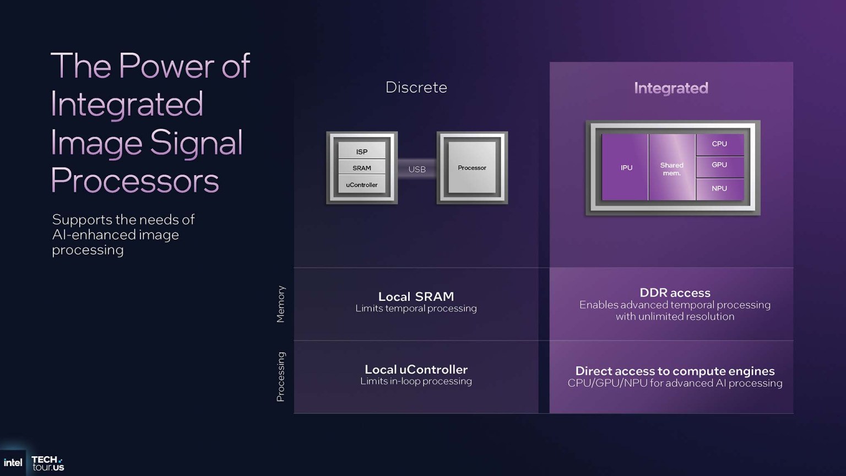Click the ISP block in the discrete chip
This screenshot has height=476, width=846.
(x=362, y=152)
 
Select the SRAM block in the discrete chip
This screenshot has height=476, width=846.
(x=362, y=168)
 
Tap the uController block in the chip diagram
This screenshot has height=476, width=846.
(x=362, y=185)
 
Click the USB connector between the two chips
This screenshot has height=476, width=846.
(x=417, y=169)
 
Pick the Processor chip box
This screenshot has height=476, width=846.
(x=472, y=167)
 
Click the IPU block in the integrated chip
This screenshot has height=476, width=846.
(x=626, y=167)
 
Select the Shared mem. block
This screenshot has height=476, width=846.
(x=671, y=169)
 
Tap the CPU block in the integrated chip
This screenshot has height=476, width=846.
(x=719, y=144)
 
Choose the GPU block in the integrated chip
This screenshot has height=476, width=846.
(x=719, y=165)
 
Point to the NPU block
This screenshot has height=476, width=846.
(x=719, y=188)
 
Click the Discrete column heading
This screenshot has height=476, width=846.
(x=416, y=88)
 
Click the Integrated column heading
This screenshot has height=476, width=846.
(x=671, y=88)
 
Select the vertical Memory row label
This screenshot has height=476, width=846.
(x=281, y=304)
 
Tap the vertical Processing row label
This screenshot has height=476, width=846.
(x=281, y=377)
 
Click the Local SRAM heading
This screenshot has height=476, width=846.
(x=416, y=296)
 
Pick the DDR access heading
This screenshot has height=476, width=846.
(x=675, y=293)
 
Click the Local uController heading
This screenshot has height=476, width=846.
(x=416, y=369)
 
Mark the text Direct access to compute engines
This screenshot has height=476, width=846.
(x=675, y=371)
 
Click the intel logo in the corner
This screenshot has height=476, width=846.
(x=13, y=463)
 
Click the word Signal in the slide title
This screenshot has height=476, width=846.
(x=196, y=143)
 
